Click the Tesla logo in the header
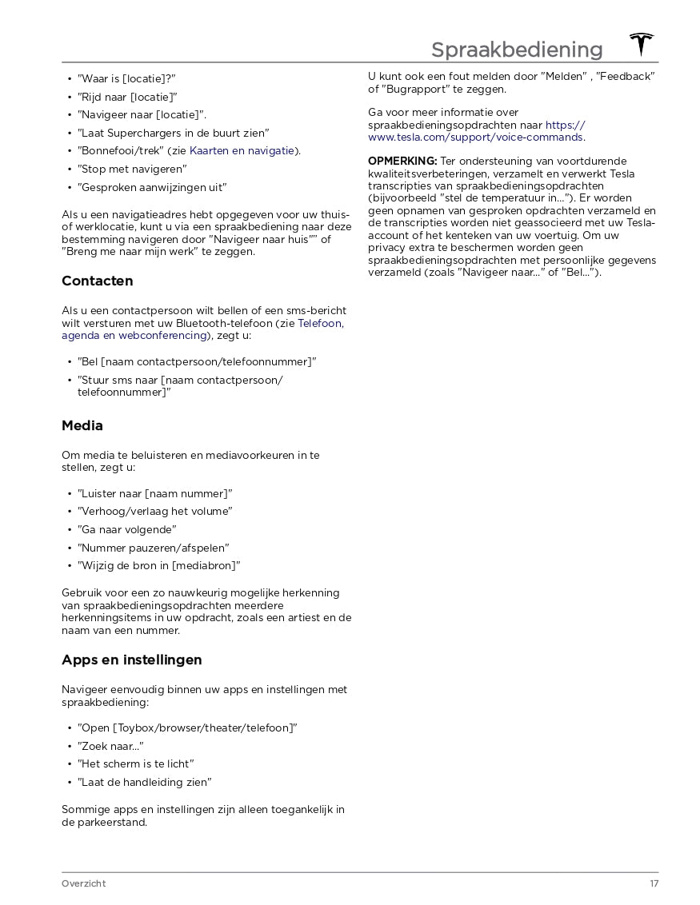coord(641,45)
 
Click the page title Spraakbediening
coord(517,50)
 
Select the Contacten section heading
coord(98,281)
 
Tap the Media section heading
coord(82,426)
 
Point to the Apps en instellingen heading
coord(132,660)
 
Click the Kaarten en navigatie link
coord(242,150)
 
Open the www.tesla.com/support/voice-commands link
coord(475,137)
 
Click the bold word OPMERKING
coord(402,161)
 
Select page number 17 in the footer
coord(654,883)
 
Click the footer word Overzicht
coord(83,883)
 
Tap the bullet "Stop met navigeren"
coord(132,169)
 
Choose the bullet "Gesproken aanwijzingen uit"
coord(152,187)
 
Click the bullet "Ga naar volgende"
coord(127,529)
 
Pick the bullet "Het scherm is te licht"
coord(136,763)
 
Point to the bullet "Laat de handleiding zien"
coord(144,782)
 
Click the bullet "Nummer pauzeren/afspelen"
coord(154,548)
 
